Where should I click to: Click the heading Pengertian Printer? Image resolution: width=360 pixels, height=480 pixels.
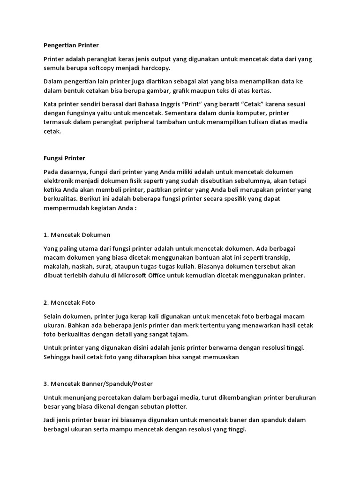[71, 45]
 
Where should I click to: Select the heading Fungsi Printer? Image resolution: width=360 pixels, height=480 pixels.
[64, 158]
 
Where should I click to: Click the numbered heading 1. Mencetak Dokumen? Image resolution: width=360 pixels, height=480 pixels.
[77, 234]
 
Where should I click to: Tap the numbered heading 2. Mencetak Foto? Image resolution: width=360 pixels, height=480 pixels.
[69, 302]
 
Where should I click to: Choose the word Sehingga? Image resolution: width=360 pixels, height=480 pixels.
[57, 357]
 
